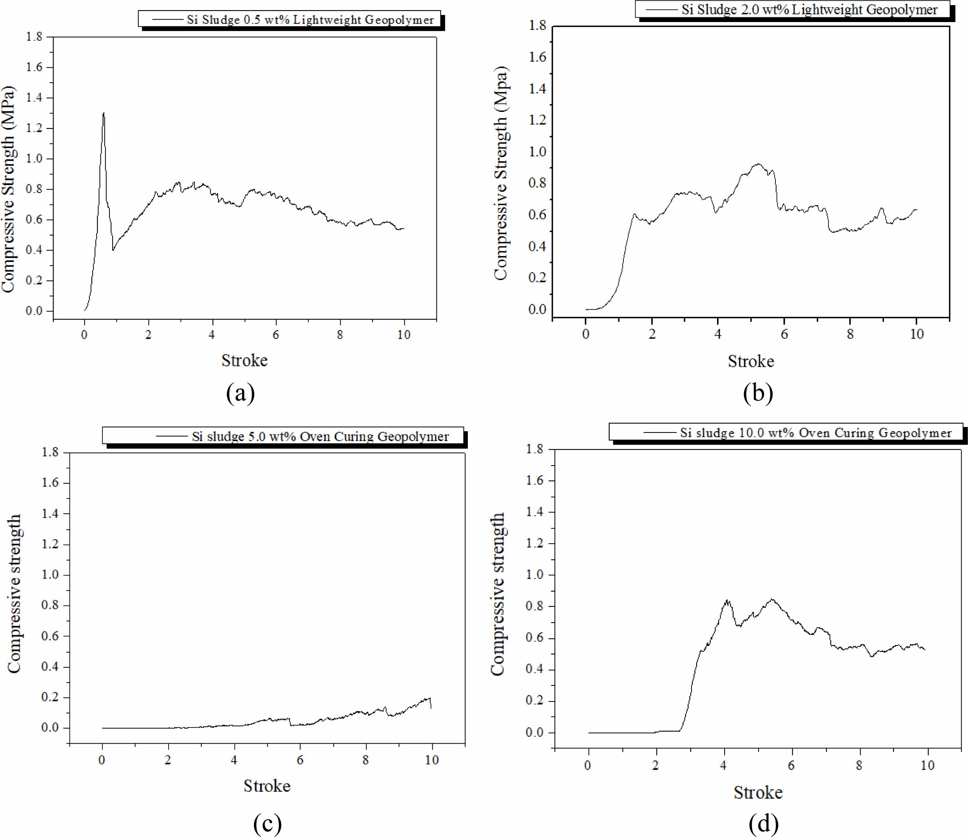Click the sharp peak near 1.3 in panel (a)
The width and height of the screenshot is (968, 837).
(x=103, y=113)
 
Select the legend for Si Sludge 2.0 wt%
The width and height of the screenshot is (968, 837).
(x=809, y=10)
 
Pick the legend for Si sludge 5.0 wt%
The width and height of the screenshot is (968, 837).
(x=320, y=436)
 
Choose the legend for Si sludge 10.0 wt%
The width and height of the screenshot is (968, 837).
(x=815, y=433)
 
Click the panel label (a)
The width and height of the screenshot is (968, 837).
(x=240, y=393)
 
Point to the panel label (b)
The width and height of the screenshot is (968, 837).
(x=758, y=393)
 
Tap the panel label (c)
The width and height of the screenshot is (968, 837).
(x=267, y=824)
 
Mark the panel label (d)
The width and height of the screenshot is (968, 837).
(x=763, y=824)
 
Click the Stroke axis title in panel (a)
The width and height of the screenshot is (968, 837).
(x=244, y=360)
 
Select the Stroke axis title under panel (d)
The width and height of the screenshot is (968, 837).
(x=758, y=792)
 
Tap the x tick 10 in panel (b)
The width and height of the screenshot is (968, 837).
(x=917, y=335)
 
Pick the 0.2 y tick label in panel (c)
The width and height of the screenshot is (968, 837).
(x=50, y=697)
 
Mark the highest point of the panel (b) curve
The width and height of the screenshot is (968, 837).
(x=758, y=164)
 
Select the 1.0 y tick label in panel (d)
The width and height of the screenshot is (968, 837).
(x=535, y=575)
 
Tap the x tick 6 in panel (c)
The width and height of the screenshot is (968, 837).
(x=300, y=760)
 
